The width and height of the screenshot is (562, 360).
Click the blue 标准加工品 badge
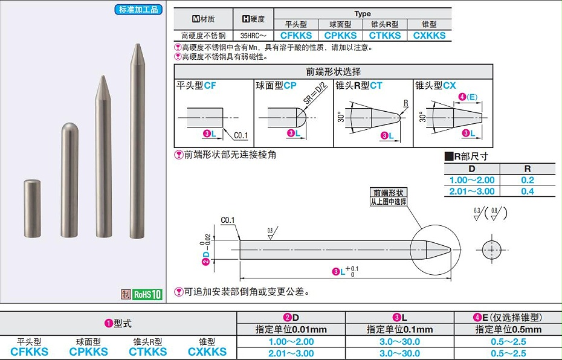click(x=138, y=10)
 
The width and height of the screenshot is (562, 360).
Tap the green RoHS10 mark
click(x=147, y=295)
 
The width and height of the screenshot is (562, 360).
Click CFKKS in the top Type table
click(x=296, y=36)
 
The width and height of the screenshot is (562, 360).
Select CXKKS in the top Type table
click(x=429, y=36)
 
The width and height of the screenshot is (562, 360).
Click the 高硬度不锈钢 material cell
click(x=202, y=36)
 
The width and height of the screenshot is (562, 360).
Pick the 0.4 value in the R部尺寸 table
click(x=527, y=191)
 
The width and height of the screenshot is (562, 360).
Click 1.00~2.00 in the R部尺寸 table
click(x=472, y=180)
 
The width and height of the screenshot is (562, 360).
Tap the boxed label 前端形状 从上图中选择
click(x=388, y=197)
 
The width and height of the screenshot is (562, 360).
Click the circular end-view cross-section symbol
click(x=492, y=249)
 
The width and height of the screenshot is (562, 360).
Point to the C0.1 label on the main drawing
click(x=228, y=220)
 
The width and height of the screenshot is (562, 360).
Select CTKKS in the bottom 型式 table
click(x=148, y=352)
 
